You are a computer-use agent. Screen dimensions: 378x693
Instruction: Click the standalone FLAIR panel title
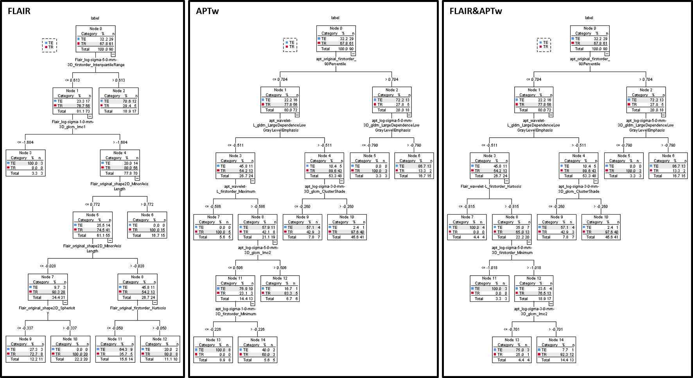19,11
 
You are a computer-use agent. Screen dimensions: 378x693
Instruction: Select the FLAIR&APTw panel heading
476,11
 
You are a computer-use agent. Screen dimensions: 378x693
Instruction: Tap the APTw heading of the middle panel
207,11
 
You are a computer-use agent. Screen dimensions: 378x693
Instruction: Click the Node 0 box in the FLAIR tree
95,39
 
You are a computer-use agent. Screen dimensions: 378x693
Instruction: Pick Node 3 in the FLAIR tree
25,163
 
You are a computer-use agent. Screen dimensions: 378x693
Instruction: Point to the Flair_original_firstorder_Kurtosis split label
138,308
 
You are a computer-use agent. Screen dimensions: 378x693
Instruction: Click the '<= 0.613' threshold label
72,80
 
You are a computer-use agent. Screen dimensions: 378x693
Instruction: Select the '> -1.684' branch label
120,142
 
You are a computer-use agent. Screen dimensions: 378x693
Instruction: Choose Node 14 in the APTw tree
258,350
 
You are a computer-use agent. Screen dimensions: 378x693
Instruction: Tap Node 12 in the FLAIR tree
160,349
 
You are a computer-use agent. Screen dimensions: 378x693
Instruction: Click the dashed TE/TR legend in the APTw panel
290,45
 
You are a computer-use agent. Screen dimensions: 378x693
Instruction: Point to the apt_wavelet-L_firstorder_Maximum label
236,189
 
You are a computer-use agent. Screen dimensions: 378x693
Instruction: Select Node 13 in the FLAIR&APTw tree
512,350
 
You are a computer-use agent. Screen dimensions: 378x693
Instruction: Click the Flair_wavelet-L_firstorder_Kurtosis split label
491,186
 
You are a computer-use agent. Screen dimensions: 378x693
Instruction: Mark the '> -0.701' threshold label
556,329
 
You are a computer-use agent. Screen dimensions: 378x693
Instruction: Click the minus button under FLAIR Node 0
113,54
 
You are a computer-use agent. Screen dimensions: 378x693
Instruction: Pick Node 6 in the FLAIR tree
147,225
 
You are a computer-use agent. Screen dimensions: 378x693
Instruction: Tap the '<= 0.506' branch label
235,268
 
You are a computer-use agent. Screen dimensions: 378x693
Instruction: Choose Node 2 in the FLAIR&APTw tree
646,100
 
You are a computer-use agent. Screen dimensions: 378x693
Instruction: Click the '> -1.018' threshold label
534,268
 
